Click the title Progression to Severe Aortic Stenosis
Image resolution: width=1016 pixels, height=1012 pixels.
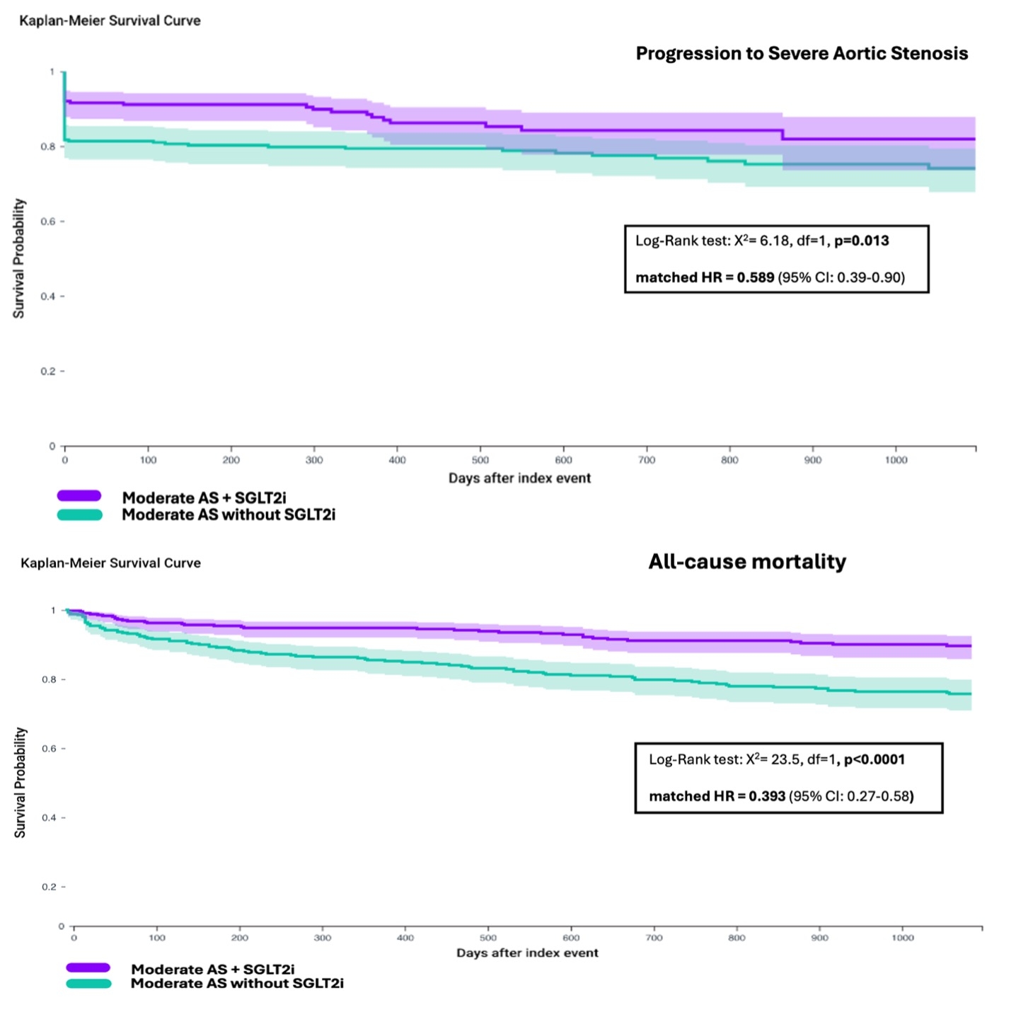(x=802, y=54)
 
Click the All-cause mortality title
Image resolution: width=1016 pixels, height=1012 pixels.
(x=747, y=562)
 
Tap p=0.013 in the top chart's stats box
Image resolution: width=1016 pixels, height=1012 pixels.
(x=861, y=241)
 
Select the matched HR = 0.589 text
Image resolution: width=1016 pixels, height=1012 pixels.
(x=705, y=277)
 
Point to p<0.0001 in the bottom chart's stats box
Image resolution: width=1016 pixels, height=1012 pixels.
(x=874, y=759)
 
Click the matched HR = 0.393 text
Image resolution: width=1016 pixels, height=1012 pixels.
(x=717, y=796)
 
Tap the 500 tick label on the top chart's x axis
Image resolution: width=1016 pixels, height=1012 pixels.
(x=480, y=460)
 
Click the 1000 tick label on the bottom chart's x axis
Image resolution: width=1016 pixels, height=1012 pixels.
(x=903, y=938)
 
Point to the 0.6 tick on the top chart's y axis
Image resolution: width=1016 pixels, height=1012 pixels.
(x=49, y=222)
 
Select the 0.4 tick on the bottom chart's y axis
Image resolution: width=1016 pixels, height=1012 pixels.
(x=49, y=817)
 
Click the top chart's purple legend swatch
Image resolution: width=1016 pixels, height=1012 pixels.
(x=79, y=496)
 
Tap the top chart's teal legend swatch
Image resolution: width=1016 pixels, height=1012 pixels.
(x=79, y=514)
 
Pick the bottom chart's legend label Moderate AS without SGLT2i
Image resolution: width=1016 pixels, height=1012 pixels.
(x=237, y=983)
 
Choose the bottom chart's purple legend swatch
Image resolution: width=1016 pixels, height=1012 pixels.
(x=88, y=967)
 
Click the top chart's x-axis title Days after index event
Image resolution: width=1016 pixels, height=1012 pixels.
(x=519, y=478)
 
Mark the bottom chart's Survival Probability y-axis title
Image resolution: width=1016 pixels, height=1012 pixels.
(x=20, y=782)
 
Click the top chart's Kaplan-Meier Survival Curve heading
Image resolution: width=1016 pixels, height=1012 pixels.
(x=110, y=21)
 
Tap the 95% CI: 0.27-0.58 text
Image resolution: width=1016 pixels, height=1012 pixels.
(x=851, y=796)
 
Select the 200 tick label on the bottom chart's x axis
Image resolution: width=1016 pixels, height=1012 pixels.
(x=240, y=938)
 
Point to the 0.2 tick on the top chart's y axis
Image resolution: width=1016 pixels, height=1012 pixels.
(x=49, y=372)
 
